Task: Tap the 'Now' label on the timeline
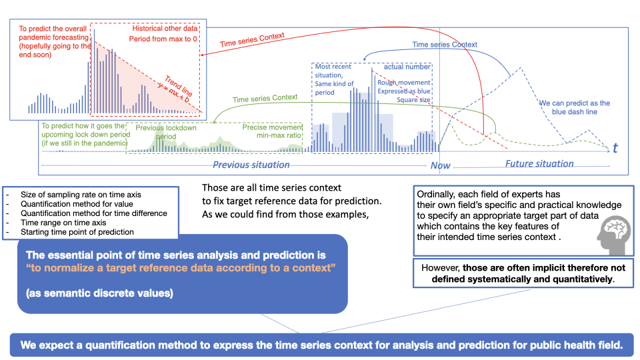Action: click(x=441, y=165)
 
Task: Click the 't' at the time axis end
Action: click(x=615, y=148)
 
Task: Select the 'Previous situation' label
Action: click(x=251, y=165)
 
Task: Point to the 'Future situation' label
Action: click(x=539, y=164)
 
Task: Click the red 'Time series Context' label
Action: click(x=252, y=39)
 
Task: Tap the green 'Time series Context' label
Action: click(x=265, y=99)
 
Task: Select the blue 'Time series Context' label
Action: click(x=445, y=45)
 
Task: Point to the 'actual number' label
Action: click(x=407, y=67)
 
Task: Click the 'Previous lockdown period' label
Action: click(x=166, y=132)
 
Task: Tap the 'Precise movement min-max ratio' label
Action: click(x=272, y=131)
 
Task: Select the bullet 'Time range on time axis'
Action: click(x=63, y=223)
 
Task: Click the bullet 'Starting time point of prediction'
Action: click(x=77, y=232)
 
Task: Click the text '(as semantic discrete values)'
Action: click(x=99, y=293)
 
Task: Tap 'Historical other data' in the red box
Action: click(x=165, y=28)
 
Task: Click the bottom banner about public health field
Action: click(x=321, y=345)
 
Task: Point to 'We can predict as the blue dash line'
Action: click(x=574, y=107)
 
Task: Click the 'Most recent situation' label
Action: click(x=333, y=71)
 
